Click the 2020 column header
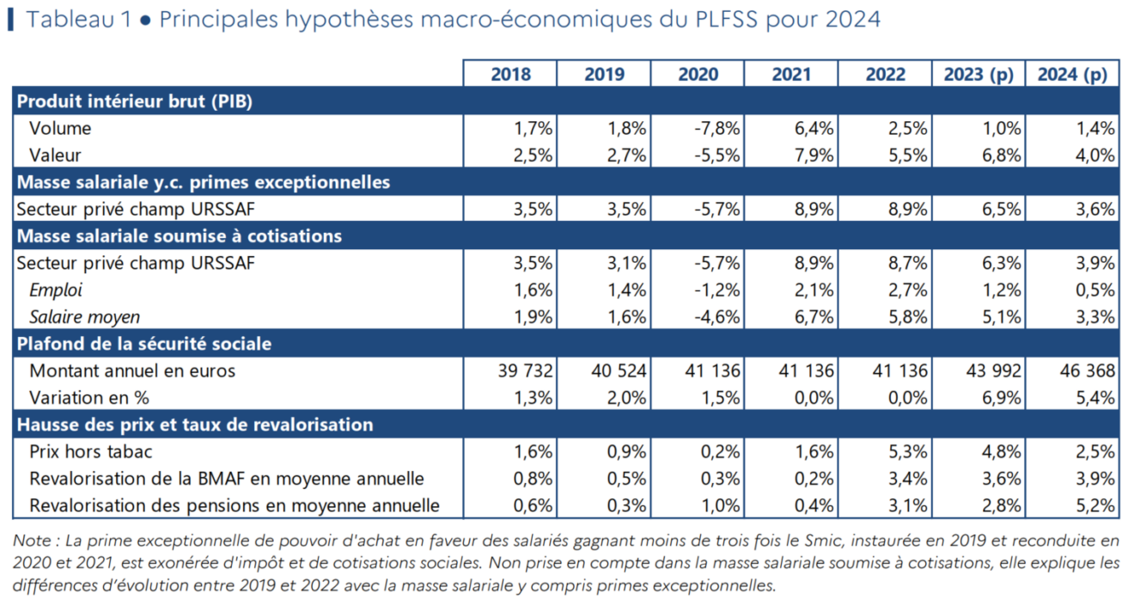(698, 75)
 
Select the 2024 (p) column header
(1072, 75)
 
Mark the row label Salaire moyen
(84, 317)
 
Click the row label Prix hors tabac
(91, 451)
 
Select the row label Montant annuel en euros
(132, 371)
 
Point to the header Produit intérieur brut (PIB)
(134, 101)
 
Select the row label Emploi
(56, 290)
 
